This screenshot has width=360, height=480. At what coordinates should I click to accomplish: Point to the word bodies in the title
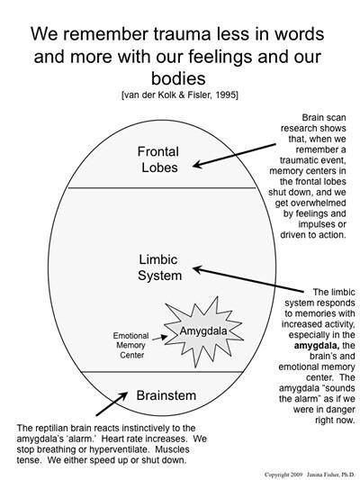(x=179, y=79)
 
